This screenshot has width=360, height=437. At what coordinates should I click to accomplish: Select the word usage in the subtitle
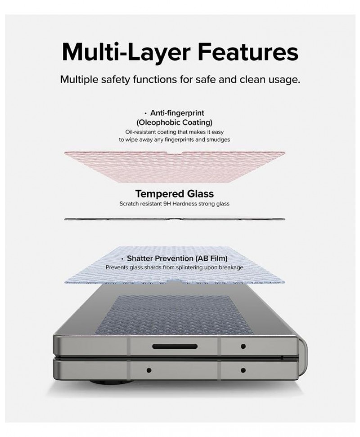[284, 80]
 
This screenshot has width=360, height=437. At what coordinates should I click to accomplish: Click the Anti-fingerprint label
[177, 113]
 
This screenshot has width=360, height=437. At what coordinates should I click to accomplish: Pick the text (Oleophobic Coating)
[175, 122]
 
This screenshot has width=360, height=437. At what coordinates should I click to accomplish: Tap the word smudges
[218, 140]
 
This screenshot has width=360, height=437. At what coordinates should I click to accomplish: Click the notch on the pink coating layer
[175, 153]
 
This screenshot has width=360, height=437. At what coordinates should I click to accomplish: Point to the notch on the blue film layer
[175, 280]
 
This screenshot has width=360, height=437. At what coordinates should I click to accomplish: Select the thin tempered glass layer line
[175, 219]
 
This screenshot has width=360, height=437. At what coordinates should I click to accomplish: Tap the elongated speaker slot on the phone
[175, 347]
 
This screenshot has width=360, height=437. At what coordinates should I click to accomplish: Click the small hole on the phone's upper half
[243, 347]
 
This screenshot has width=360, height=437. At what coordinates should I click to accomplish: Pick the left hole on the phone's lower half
[149, 370]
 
